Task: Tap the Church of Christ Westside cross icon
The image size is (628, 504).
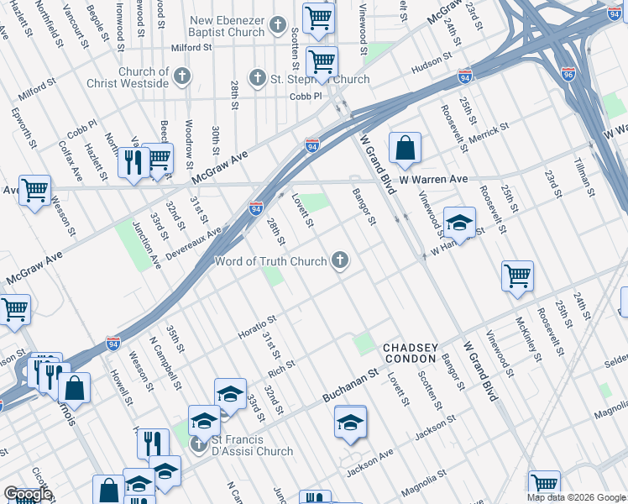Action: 181,78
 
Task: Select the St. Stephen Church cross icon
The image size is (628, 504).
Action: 256,80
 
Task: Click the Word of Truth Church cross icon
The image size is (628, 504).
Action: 340,261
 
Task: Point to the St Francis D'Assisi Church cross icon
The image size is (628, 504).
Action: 198,443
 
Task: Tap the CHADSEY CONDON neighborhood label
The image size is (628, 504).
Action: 410,353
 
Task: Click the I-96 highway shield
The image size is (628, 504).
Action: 569,73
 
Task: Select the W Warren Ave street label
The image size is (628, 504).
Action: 432,180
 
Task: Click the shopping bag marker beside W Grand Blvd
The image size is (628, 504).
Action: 405,150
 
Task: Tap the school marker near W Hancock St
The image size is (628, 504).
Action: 459,223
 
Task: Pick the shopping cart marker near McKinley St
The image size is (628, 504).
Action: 518,276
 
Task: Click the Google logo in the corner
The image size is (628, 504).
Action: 28,494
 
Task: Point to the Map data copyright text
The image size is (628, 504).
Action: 576,497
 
